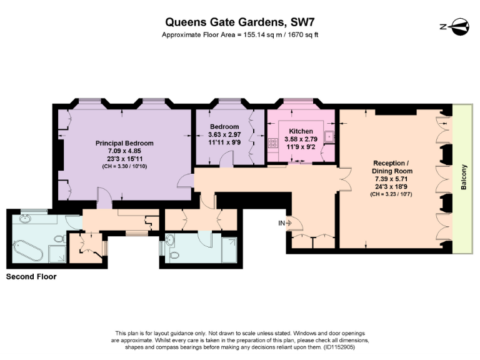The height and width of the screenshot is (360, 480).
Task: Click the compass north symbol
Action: pyautogui.click(x=456, y=26)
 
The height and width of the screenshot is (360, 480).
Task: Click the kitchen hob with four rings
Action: pyautogui.click(x=273, y=143)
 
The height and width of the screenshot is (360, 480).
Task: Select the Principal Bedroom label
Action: pyautogui.click(x=124, y=143)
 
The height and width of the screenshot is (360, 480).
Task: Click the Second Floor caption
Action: pyautogui.click(x=31, y=276)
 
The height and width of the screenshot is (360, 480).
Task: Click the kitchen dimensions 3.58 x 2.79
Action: pyautogui.click(x=301, y=139)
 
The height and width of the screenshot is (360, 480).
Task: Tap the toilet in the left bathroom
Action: pyautogui.click(x=58, y=239)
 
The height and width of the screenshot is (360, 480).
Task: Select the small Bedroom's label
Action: pyautogui.click(x=224, y=126)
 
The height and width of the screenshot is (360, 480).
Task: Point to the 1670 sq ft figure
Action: pyautogui.click(x=299, y=34)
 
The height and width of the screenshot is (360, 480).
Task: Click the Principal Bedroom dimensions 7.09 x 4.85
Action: pyautogui.click(x=124, y=151)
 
